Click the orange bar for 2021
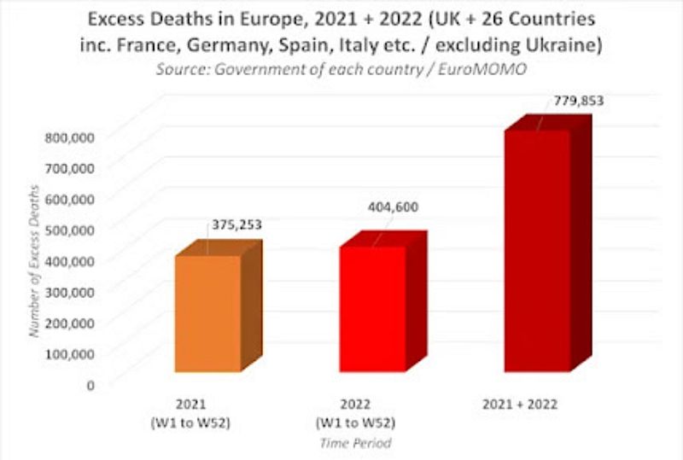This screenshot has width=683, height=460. (x=208, y=312)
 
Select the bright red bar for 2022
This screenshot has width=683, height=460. (x=372, y=308)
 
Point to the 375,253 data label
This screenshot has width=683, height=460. (x=236, y=225)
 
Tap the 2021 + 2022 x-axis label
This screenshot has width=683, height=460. (x=526, y=402)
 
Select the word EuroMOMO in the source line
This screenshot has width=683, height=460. (x=493, y=70)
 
